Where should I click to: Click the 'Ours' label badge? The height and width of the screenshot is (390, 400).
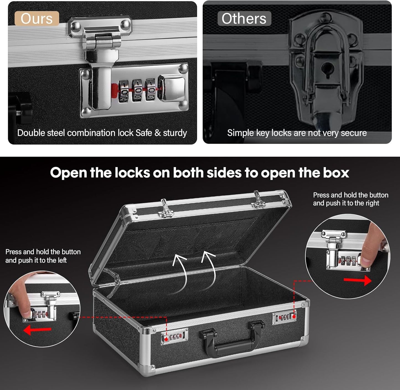tap(37, 19)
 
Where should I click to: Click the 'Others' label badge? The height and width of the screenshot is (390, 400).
tap(244, 19)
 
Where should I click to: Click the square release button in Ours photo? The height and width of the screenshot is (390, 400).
tap(172, 88)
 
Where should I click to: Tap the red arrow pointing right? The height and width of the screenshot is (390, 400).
tap(357, 280)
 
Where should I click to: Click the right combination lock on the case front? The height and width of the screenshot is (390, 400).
tap(285, 317)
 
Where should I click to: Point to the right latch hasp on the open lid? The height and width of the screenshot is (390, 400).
tap(258, 200)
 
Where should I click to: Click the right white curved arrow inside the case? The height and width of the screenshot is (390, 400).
tap(210, 268)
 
